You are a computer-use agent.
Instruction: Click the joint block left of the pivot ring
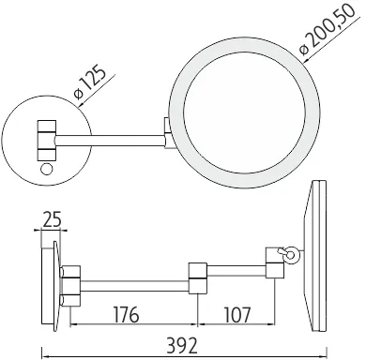click(x=274, y=264)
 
